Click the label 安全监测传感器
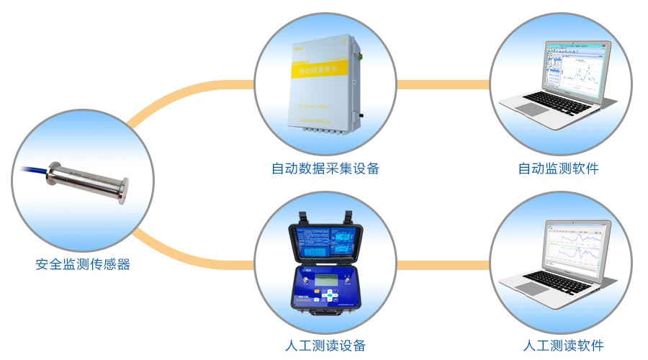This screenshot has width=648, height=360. click(83, 264)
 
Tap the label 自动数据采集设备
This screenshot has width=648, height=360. click(325, 168)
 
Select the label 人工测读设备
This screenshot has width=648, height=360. click(325, 345)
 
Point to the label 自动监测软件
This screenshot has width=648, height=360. click(558, 168)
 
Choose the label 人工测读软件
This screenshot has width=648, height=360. click(563, 345)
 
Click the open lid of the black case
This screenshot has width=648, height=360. click(325, 240)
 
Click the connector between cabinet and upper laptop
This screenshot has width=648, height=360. click(443, 85)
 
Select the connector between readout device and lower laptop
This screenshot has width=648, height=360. click(443, 265)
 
